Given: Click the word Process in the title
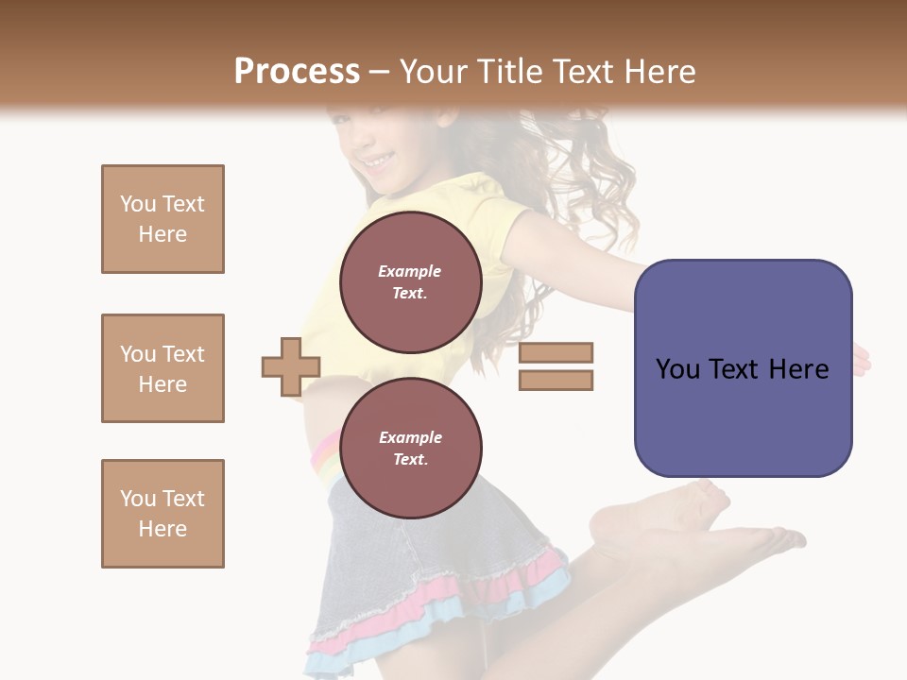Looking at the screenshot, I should pyautogui.click(x=297, y=72).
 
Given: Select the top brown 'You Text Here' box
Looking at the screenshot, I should pyautogui.click(x=163, y=219).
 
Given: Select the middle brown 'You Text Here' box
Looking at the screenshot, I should pyautogui.click(x=163, y=368).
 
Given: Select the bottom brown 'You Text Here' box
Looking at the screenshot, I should pyautogui.click(x=163, y=514).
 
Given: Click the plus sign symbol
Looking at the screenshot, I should pyautogui.click(x=291, y=366).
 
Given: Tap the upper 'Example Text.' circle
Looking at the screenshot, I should pyautogui.click(x=410, y=281).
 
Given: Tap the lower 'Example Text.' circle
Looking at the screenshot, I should pyautogui.click(x=410, y=448).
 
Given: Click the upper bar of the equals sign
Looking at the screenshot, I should pyautogui.click(x=556, y=353).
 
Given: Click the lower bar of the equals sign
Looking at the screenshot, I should pyautogui.click(x=556, y=381).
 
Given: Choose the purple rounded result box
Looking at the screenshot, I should pyautogui.click(x=743, y=368).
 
